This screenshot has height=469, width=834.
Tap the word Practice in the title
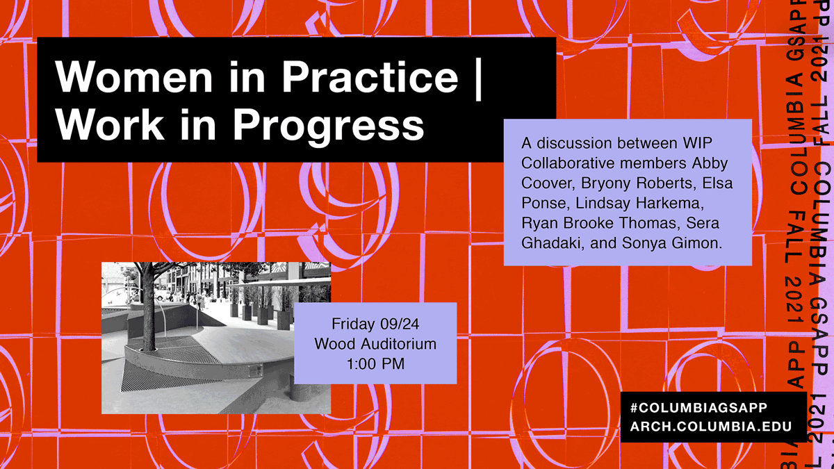pos(370,76)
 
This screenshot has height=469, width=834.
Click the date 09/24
pos(400,324)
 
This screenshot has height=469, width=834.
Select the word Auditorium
pos(398,344)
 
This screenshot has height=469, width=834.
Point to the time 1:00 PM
pos(376,363)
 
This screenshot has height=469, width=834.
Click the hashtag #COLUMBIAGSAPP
pos(698,408)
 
